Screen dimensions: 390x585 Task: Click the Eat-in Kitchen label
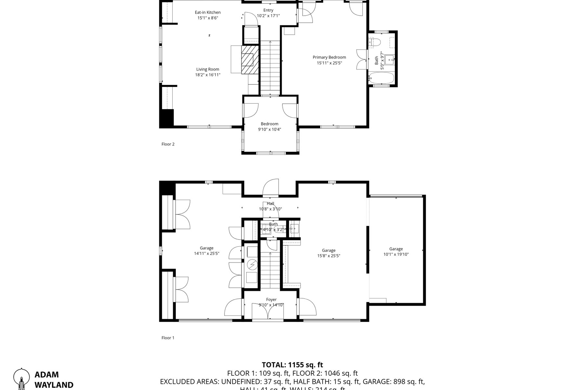[208, 12]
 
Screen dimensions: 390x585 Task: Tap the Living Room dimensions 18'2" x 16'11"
[208, 75]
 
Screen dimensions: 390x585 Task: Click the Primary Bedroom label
[329, 57]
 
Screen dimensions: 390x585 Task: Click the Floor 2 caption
[168, 144]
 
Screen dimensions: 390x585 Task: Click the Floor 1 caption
[168, 338]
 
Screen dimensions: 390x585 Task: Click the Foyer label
[271, 300]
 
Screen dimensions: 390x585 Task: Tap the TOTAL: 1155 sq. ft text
[292, 365]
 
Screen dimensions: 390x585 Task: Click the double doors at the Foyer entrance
[268, 312]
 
